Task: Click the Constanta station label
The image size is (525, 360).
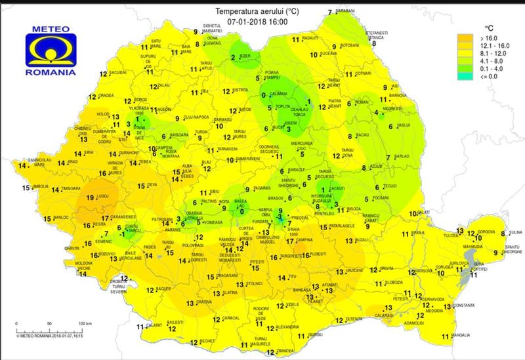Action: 463,306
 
